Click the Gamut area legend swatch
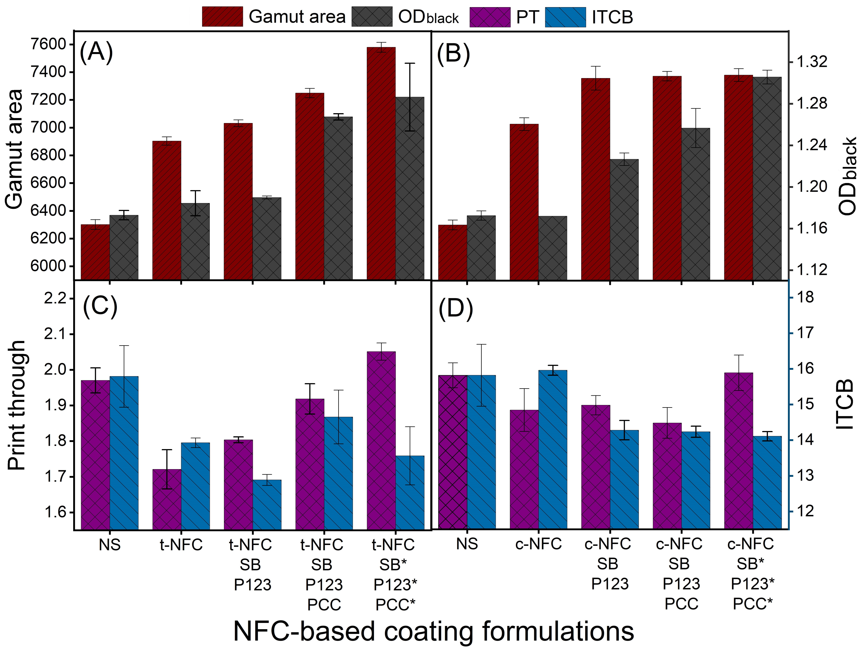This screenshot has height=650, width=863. [x=222, y=17]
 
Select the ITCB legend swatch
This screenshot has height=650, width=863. [x=565, y=17]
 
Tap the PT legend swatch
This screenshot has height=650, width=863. [x=490, y=17]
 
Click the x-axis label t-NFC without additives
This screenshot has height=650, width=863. [x=181, y=544]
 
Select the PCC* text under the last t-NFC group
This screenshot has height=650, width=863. [x=395, y=605]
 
